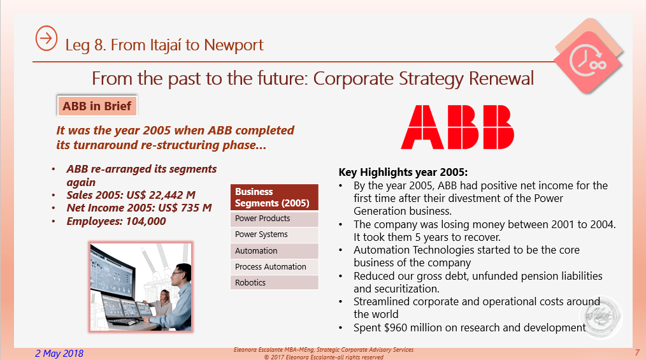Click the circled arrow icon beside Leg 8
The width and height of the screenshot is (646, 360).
(x=46, y=38)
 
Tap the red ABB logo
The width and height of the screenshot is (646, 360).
(x=457, y=127)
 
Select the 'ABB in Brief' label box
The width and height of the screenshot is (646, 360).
(x=97, y=106)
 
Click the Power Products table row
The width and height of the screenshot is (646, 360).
(x=275, y=219)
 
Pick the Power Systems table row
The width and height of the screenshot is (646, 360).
(x=275, y=234)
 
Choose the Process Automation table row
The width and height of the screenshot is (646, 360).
(x=275, y=266)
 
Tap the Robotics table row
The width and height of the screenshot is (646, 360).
(x=275, y=282)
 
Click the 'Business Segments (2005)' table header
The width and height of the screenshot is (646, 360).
(x=275, y=198)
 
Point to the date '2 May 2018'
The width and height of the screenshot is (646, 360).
(x=59, y=354)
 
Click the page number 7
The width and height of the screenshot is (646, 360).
(x=637, y=352)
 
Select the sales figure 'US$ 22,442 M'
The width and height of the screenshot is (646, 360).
(x=161, y=195)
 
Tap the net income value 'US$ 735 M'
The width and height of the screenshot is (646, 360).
(x=185, y=208)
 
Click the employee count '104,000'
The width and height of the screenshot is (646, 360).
(x=146, y=221)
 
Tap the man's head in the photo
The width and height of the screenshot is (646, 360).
(x=181, y=275)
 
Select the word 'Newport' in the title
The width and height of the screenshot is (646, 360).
(x=234, y=45)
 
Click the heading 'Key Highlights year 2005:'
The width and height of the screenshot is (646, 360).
(x=403, y=172)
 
